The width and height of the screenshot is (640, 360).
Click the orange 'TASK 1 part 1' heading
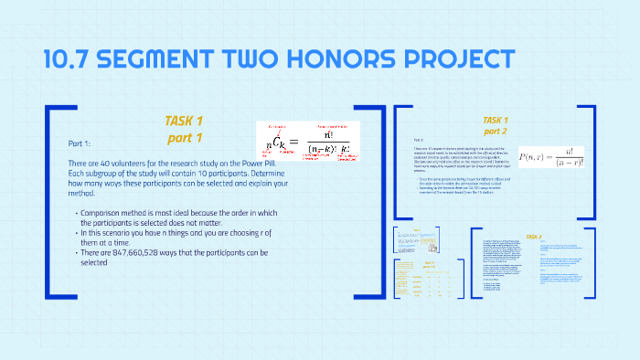(x=184, y=129)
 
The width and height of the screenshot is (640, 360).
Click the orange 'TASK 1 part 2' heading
(x=495, y=125)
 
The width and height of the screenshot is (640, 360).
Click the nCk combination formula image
(x=307, y=141)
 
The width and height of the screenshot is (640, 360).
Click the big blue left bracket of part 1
(x=51, y=201)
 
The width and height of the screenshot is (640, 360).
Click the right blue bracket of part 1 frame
(x=373, y=201)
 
